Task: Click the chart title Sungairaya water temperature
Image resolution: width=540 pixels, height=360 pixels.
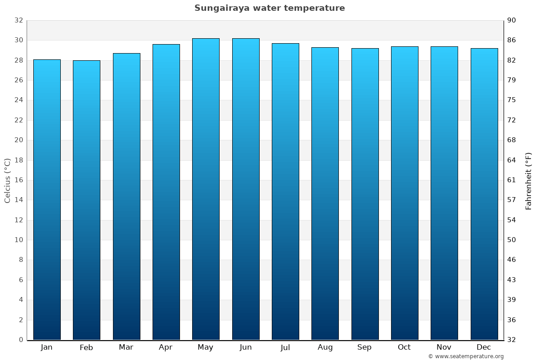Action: [x=270, y=8]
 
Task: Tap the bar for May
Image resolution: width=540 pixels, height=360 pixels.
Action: [x=206, y=189]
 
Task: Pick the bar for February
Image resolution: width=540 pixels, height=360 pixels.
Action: [x=86, y=200]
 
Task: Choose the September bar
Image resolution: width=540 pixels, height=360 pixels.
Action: [x=365, y=194]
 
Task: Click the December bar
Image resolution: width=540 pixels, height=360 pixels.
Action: [x=484, y=194]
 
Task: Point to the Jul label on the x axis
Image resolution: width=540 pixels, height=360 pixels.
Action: [x=285, y=347]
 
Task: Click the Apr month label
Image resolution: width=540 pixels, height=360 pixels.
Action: [x=166, y=347]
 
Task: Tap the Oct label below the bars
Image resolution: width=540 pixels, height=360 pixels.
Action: [x=404, y=347]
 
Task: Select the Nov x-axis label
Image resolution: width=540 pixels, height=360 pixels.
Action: [x=444, y=347]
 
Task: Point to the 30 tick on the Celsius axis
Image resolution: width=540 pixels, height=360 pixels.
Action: [x=18, y=40]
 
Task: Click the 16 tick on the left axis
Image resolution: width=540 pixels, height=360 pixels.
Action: [x=18, y=180]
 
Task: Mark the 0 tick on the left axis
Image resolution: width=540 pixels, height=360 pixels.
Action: [x=21, y=340]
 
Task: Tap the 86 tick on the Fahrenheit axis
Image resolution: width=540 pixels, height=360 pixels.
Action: [x=512, y=40]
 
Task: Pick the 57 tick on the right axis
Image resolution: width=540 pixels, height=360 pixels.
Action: [x=512, y=200]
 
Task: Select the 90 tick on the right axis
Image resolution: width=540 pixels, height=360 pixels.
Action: [x=512, y=20]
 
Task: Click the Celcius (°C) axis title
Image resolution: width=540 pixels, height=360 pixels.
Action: [x=8, y=180]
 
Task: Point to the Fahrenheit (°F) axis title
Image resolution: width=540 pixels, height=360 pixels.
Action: [x=528, y=180]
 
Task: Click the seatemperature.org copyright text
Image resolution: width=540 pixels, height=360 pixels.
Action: [x=466, y=356]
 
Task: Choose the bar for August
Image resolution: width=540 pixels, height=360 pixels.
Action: [x=325, y=193]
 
